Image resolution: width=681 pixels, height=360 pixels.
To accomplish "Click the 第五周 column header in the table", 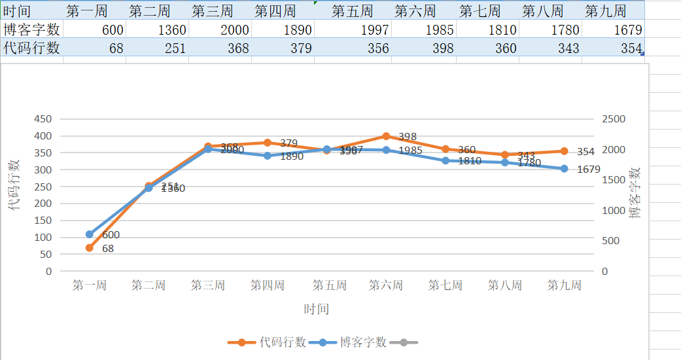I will coord(352,11).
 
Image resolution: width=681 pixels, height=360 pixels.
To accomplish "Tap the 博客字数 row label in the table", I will coord(31,29).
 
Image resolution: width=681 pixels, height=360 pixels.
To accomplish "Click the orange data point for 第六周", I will coord(386,136).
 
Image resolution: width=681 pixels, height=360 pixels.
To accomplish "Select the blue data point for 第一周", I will coord(90,234).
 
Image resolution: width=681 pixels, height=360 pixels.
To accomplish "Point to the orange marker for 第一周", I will coord(90,248).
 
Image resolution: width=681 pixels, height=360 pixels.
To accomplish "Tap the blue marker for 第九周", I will coord(564,169).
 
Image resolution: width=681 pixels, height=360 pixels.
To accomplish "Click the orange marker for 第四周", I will coord(267,143).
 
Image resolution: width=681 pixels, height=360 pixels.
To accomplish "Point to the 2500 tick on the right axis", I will coord(613,119).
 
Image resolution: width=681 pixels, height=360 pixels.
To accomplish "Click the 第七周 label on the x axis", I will coord(445,285).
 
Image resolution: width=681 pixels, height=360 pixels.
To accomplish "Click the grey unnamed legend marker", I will coord(404,342).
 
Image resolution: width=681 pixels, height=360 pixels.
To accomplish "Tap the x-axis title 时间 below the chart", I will coord(316,309).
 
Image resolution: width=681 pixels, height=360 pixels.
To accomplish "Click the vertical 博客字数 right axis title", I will coord(634,192).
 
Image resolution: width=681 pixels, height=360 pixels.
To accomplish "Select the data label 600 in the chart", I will coord(111,235).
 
